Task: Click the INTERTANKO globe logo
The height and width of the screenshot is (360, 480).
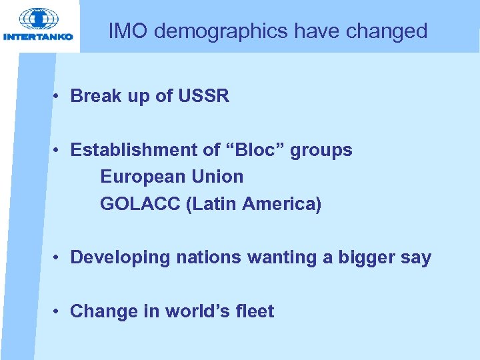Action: coord(38,19)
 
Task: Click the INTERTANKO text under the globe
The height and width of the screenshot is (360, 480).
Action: coord(38,37)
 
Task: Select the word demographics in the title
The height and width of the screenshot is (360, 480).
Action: coord(217,31)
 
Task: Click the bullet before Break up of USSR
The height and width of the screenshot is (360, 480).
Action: coord(59,96)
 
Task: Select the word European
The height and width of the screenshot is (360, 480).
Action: coord(143,177)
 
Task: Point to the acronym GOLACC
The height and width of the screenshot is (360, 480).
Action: coord(141,204)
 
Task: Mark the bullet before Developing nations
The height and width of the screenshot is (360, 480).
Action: coord(59,257)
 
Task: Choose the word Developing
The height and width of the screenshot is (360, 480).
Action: coord(120,258)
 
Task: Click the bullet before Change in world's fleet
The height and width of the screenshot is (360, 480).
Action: coord(59,311)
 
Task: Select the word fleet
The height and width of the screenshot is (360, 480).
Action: coord(255,311)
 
